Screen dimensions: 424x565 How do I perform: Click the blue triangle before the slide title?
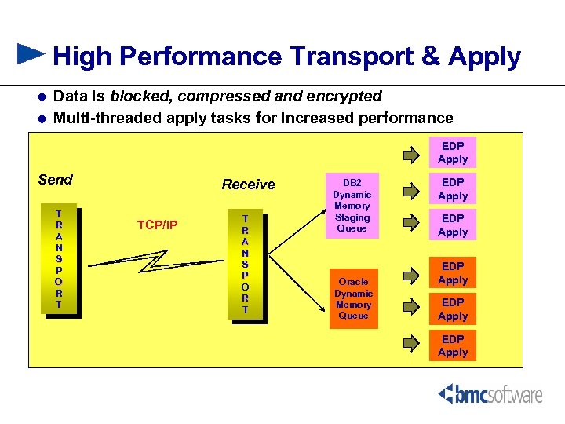point(31,53)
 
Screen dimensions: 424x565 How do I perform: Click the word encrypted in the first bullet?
point(344,97)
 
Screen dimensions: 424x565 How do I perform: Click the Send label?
point(55,180)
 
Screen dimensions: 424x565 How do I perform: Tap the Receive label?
point(248,185)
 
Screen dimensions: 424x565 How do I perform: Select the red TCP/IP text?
point(157,225)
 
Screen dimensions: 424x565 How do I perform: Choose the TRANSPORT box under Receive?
point(246,265)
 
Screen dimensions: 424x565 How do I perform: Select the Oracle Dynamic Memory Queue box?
point(352,298)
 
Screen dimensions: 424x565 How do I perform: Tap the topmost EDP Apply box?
point(453,152)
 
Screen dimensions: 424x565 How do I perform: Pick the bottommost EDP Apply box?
point(453,345)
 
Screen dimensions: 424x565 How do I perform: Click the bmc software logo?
point(490,394)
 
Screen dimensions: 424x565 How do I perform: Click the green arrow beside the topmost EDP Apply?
point(411,154)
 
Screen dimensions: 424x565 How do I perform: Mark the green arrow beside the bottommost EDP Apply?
point(411,342)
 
